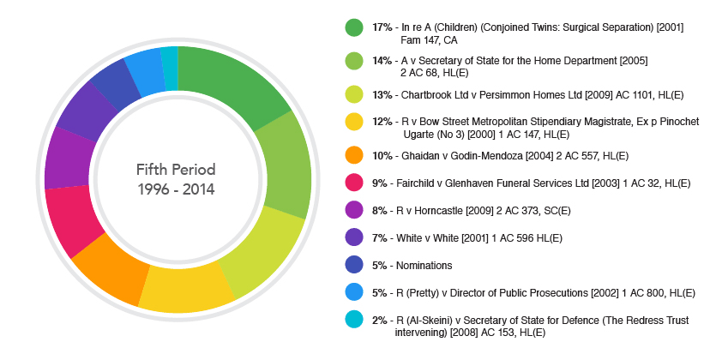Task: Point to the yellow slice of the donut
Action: click(x=184, y=287)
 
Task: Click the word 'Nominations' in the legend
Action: click(x=427, y=266)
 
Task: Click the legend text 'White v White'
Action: click(x=432, y=237)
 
